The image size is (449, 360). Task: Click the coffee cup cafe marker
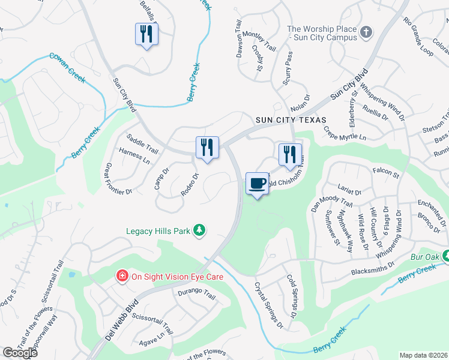(x=257, y=184)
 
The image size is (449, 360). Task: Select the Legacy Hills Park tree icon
(x=202, y=230)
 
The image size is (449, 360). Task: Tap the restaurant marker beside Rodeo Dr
(x=207, y=148)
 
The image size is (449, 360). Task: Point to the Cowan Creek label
(x=67, y=67)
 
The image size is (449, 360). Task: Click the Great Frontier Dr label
(x=118, y=179)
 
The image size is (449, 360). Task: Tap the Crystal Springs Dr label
(x=268, y=305)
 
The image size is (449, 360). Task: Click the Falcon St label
(x=385, y=174)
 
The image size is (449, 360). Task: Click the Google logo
(x=20, y=353)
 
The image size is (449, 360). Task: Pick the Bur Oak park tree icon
(x=446, y=257)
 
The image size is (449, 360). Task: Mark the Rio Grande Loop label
(x=418, y=37)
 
